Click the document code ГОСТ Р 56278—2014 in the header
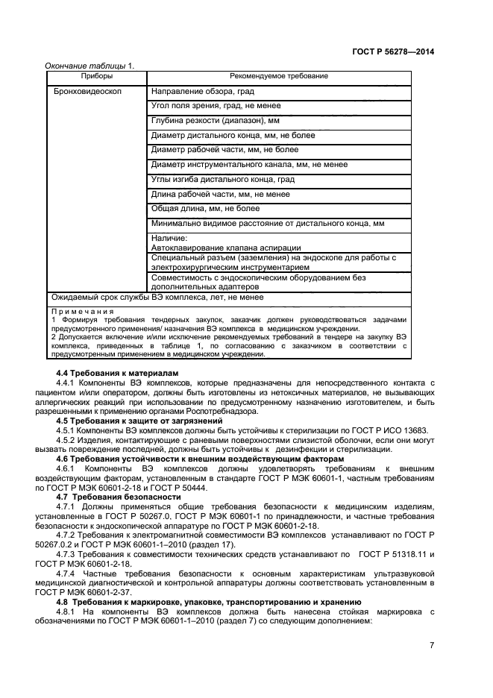[x=393, y=51]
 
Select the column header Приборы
[x=97, y=76]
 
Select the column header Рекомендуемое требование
[x=279, y=76]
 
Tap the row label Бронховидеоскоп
[x=88, y=92]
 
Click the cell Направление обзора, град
[x=202, y=92]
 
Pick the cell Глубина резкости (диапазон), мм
[x=215, y=121]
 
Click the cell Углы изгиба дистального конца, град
[x=222, y=179]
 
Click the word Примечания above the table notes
[x=83, y=311]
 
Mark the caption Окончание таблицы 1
[x=90, y=66]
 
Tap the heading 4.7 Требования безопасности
[x=119, y=496]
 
